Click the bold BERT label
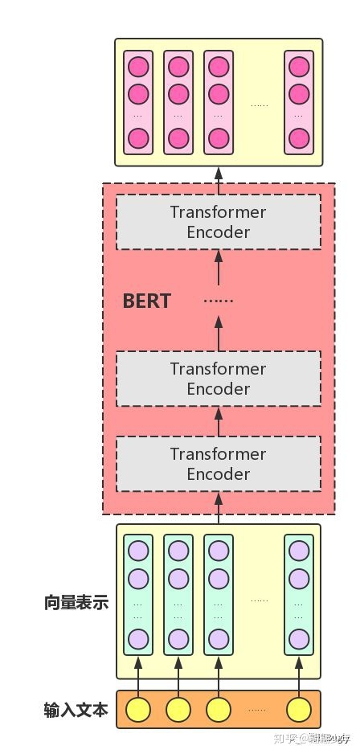coord(146,301)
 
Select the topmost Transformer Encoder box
coord(218,223)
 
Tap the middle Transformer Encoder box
coord(218,379)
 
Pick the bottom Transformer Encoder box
coord(218,464)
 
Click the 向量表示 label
coord(76,603)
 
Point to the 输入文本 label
coord(76,710)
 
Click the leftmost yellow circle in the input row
coord(138,710)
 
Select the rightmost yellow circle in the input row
coord(299,710)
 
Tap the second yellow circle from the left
coord(178,710)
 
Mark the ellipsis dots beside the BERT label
coord(218,301)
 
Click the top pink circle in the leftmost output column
coord(138,67)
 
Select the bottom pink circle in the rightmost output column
coord(299,138)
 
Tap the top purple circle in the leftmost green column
coord(138,551)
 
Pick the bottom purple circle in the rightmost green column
coord(299,639)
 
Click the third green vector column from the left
coord(219,595)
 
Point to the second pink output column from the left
coord(178,103)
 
